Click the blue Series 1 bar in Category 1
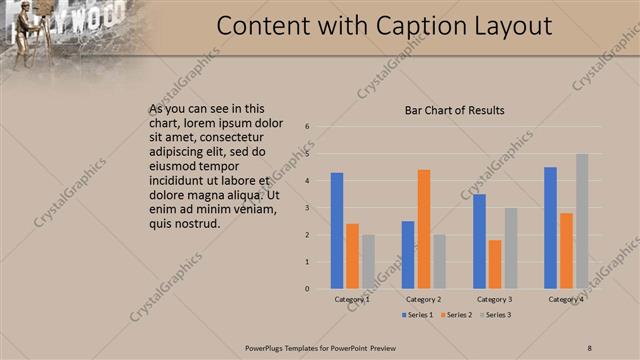[337, 231]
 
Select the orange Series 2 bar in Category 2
[424, 229]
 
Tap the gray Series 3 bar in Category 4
[582, 221]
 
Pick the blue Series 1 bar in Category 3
[480, 241]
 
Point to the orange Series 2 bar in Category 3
[495, 264]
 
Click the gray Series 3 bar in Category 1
[368, 261]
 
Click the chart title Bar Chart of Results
[454, 110]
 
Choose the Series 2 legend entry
[456, 315]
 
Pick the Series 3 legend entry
[494, 315]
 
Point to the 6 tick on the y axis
[308, 127]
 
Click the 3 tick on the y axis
[308, 208]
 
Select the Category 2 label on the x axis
[424, 299]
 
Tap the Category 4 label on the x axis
[566, 299]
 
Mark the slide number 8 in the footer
[589, 348]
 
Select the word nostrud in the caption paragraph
[192, 223]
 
